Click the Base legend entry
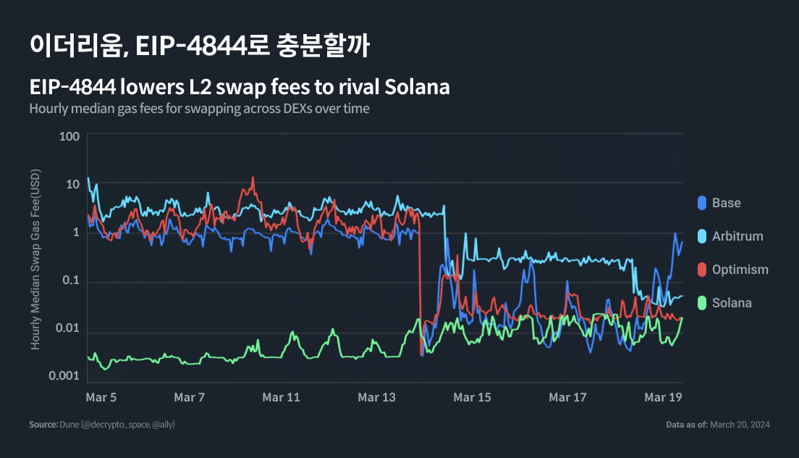tap(726, 203)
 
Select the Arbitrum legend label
tap(737, 236)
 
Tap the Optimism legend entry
tap(740, 270)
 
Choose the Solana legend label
tap(732, 303)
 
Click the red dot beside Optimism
tap(701, 270)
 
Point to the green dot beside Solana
tap(701, 303)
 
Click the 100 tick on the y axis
tap(69, 137)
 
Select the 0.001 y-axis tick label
tap(63, 375)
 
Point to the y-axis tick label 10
tap(72, 185)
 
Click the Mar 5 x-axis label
tap(101, 398)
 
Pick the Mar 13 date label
tap(377, 398)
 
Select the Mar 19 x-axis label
tap(664, 398)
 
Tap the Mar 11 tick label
tap(281, 398)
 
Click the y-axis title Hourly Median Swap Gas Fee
tap(35, 259)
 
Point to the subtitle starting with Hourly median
tap(199, 109)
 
